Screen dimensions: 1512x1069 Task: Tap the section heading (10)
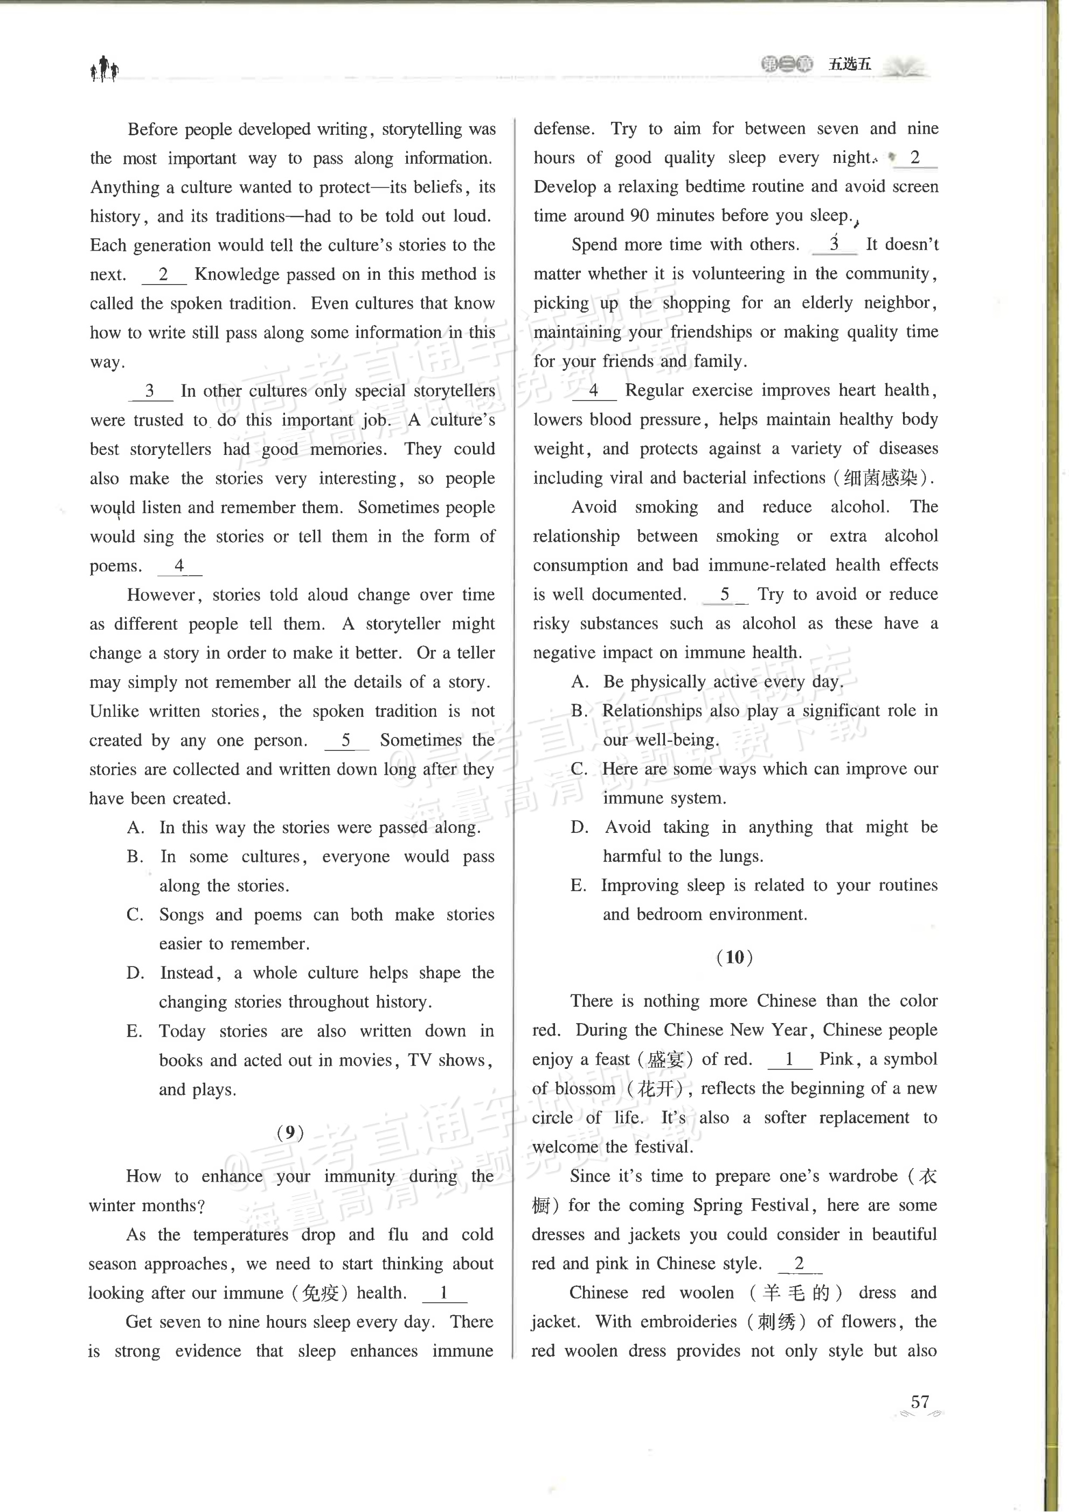(x=734, y=956)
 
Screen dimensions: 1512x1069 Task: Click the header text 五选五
(x=849, y=64)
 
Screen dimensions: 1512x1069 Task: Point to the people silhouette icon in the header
(x=104, y=68)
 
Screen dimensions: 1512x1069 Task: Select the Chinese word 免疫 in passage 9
(x=320, y=1293)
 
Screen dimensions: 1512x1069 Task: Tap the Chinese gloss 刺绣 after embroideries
(x=778, y=1322)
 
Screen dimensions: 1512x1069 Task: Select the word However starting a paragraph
(x=161, y=595)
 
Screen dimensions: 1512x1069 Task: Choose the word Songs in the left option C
(x=181, y=915)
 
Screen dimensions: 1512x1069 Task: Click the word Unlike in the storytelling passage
(x=114, y=711)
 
